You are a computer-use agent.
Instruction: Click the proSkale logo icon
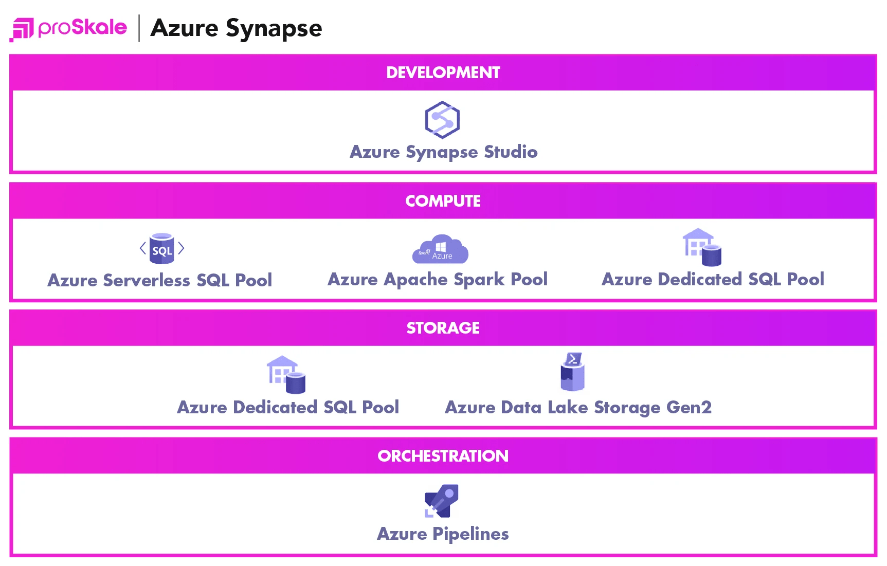[22, 29]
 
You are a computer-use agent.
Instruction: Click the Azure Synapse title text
[236, 28]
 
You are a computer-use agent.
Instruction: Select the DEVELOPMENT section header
[443, 72]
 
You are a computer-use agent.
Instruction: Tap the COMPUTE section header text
[443, 200]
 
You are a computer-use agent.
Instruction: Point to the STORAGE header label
[443, 328]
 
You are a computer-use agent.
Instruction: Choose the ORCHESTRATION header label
[443, 456]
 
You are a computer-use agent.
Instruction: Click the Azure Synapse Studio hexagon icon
[442, 120]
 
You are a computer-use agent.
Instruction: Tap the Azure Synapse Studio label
[443, 152]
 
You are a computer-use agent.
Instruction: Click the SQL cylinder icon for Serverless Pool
[162, 249]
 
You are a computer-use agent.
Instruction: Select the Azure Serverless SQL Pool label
[160, 280]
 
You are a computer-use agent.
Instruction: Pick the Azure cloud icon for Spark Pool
[440, 249]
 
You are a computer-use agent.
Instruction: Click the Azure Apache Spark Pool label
[438, 280]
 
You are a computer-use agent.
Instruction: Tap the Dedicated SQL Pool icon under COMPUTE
[702, 247]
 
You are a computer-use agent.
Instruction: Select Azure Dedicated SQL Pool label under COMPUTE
[713, 280]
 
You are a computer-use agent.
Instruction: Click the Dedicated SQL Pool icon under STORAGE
[286, 375]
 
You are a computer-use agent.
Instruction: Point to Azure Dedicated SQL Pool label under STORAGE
[288, 407]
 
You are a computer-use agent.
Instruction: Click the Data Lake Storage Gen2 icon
[572, 372]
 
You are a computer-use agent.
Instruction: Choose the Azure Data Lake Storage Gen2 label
[578, 408]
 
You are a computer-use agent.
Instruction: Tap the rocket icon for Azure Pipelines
[442, 501]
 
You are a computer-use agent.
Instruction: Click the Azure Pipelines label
[443, 534]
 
